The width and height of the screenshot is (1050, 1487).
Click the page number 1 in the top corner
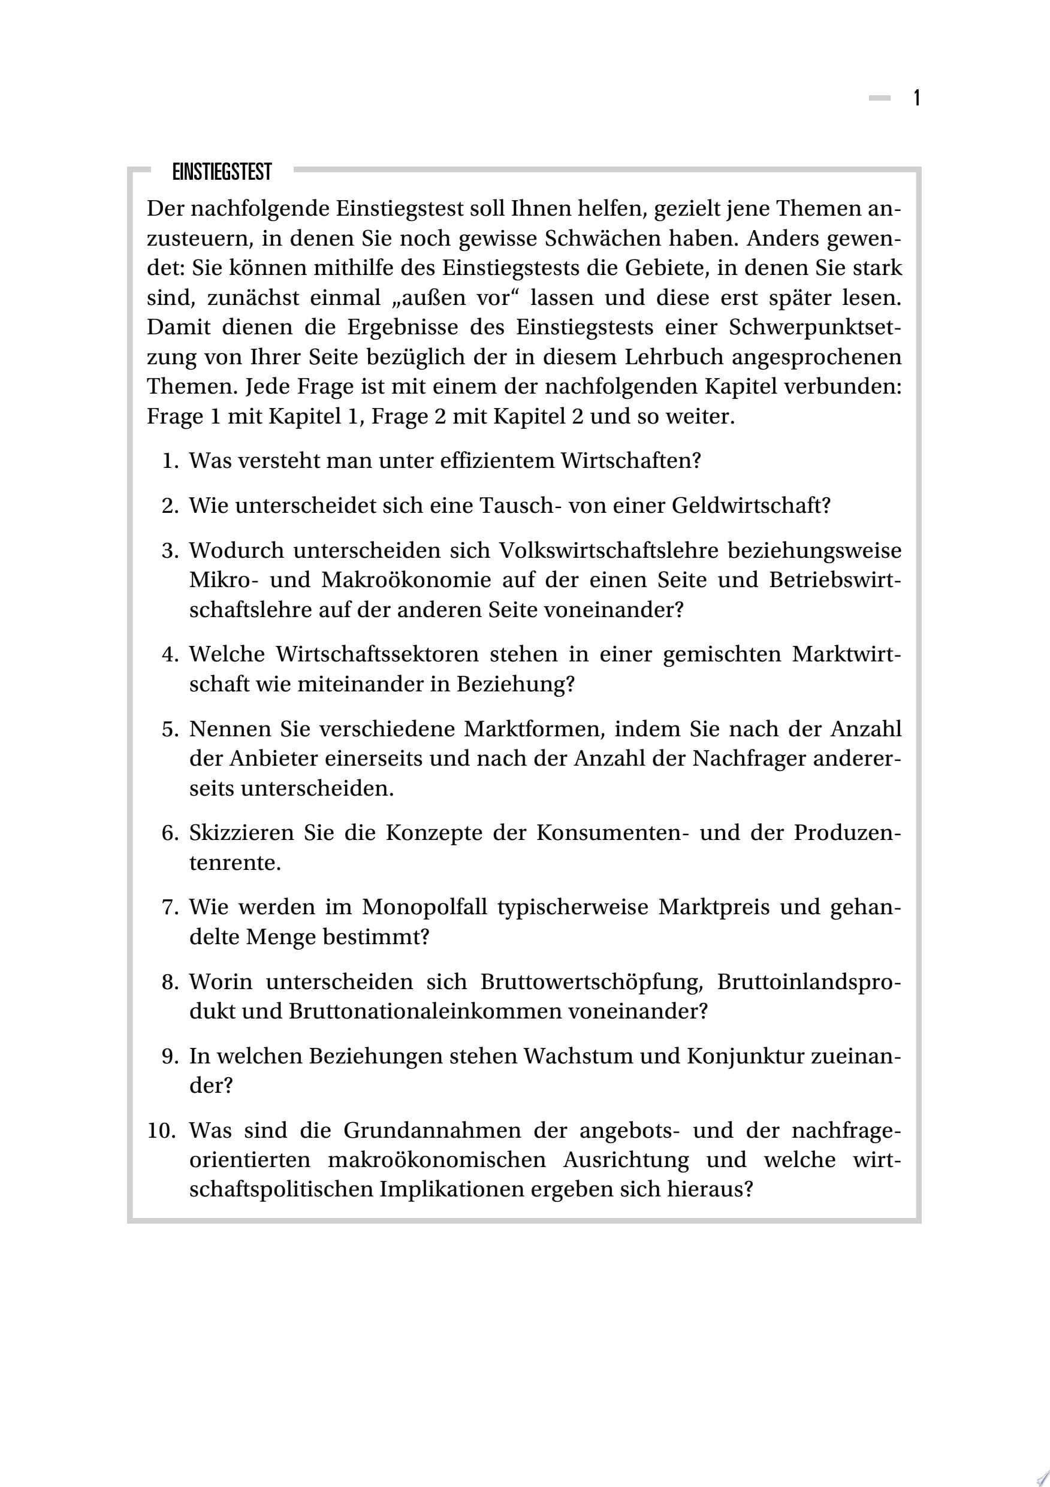click(916, 98)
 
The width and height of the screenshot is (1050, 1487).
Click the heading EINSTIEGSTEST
click(222, 173)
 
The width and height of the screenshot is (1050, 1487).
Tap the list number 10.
click(162, 1131)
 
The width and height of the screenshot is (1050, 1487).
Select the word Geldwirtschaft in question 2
click(751, 506)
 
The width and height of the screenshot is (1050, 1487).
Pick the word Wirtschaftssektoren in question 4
click(377, 654)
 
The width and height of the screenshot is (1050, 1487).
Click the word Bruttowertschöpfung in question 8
click(592, 982)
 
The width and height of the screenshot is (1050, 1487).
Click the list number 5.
click(169, 729)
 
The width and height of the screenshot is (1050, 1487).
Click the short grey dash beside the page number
click(880, 98)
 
